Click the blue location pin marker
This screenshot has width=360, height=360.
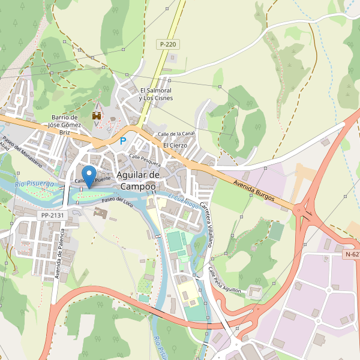click(89, 176)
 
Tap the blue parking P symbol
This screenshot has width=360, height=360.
click(124, 141)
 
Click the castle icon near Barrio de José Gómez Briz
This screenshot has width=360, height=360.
click(96, 115)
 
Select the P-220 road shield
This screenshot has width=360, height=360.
click(169, 44)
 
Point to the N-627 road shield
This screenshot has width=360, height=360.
click(352, 254)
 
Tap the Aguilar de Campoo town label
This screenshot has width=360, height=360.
click(138, 181)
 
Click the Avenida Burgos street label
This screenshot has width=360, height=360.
click(254, 189)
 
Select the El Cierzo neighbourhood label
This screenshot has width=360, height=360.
click(175, 145)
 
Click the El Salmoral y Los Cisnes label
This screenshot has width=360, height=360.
click(155, 94)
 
